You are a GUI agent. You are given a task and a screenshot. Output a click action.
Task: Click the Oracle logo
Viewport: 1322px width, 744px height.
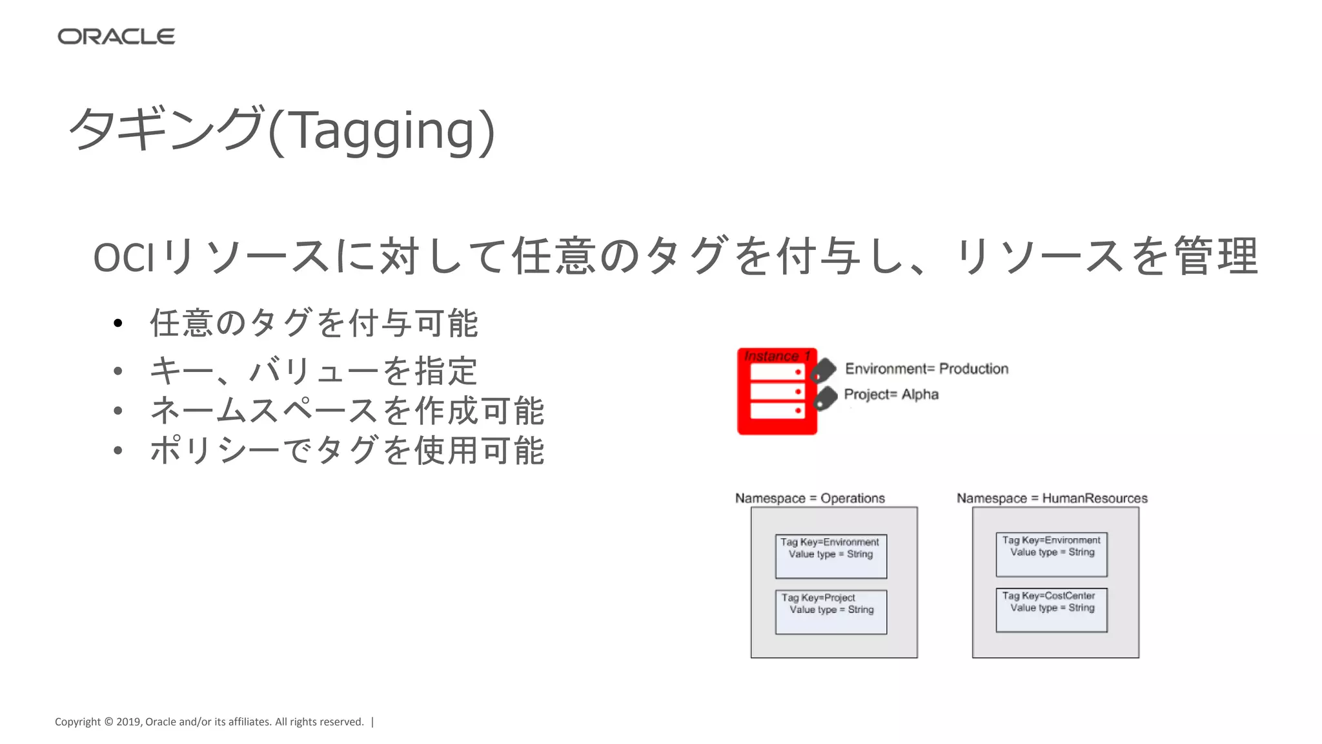(x=116, y=37)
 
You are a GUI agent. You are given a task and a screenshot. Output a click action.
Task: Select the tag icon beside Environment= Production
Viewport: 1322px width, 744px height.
(x=823, y=370)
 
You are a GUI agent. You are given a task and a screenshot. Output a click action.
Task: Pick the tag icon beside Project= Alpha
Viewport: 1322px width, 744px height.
(x=825, y=398)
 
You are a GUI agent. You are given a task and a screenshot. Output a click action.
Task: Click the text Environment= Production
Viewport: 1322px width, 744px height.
(x=926, y=369)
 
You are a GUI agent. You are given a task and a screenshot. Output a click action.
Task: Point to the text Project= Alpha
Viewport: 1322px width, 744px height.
(x=891, y=395)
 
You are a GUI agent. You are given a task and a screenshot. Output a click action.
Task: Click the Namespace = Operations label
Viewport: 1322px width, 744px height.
(x=809, y=498)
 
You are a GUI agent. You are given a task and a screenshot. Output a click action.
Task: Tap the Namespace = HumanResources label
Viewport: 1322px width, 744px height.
(x=1052, y=498)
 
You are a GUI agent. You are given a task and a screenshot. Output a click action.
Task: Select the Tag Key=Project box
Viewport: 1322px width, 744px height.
(x=831, y=612)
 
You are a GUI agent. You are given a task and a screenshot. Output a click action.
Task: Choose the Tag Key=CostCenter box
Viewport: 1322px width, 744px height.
(x=1052, y=610)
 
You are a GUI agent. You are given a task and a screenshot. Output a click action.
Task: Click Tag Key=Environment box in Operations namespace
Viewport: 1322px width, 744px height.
(x=831, y=556)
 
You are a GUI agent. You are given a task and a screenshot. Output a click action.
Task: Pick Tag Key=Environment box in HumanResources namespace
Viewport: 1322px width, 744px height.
(x=1052, y=554)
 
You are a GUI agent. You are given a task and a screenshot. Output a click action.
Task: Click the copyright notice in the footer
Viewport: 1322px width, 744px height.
(x=209, y=722)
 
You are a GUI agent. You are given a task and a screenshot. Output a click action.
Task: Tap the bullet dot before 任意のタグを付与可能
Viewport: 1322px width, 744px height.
(x=117, y=324)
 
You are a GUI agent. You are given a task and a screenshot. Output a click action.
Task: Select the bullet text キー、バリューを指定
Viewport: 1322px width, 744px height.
(x=314, y=371)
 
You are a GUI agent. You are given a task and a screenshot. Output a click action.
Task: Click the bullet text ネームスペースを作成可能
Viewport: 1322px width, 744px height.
(x=347, y=411)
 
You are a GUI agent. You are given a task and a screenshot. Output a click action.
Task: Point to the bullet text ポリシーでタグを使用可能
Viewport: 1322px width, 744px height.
(x=347, y=450)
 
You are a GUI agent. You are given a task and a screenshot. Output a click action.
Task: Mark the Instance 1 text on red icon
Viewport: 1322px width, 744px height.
(x=777, y=356)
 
